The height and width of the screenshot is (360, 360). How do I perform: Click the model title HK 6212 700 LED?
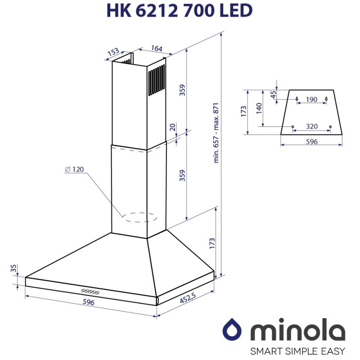(x=180, y=11)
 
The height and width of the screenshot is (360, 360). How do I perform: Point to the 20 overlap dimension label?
(x=172, y=128)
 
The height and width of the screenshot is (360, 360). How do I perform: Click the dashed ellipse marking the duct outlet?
(x=140, y=218)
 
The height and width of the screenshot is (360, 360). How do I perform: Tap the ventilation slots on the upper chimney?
(x=156, y=81)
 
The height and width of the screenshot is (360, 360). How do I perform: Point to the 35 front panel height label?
(x=14, y=269)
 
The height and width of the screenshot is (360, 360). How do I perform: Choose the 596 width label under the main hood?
(x=88, y=302)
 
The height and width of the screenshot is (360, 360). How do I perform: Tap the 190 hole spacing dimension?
(x=311, y=99)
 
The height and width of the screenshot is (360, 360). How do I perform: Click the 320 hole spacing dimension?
(x=311, y=126)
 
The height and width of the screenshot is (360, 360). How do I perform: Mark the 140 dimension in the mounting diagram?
(x=259, y=108)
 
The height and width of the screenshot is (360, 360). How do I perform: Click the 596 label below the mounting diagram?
(x=311, y=142)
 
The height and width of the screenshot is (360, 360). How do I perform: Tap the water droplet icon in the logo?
(x=234, y=329)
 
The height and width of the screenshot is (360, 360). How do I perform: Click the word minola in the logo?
(x=297, y=331)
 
